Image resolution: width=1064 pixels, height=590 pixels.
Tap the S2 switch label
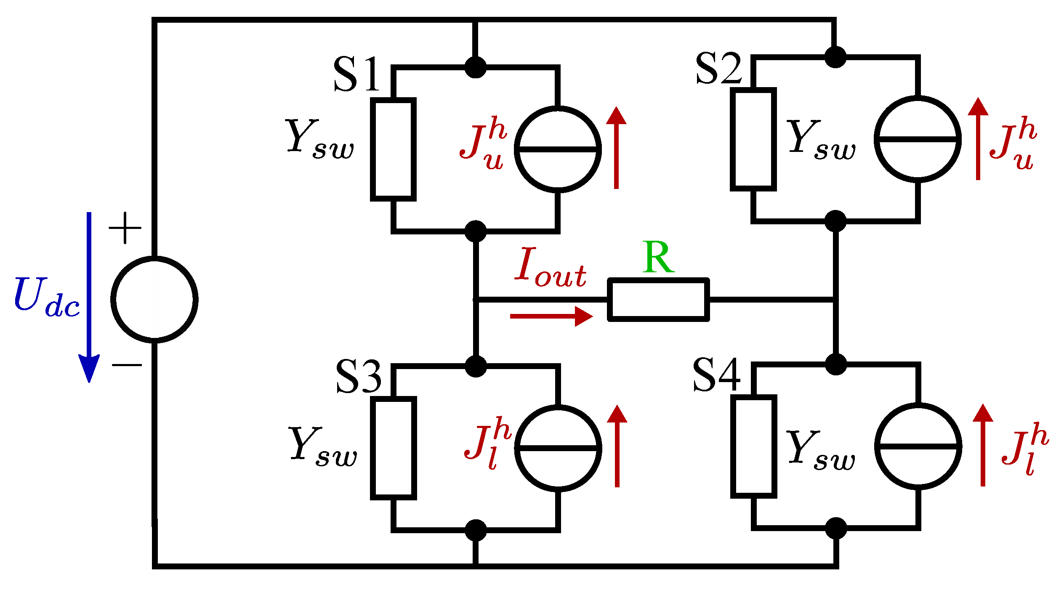click(x=719, y=68)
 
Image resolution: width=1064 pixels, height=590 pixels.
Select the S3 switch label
click(x=359, y=377)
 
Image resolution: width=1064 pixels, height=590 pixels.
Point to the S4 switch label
click(x=716, y=375)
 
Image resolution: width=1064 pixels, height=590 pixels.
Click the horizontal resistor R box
click(x=658, y=300)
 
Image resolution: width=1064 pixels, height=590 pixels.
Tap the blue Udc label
click(x=46, y=297)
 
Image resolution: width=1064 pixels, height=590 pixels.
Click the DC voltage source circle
click(x=154, y=299)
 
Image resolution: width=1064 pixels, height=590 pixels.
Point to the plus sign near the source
click(x=125, y=228)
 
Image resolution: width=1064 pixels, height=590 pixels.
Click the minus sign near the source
click(x=127, y=364)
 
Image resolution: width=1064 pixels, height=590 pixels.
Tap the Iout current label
click(x=550, y=268)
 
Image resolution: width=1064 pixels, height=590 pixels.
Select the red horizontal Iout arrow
click(x=551, y=316)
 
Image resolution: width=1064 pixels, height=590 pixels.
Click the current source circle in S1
click(x=558, y=149)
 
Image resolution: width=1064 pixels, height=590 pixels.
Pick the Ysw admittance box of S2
click(x=753, y=139)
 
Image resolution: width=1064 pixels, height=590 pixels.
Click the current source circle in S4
click(x=918, y=446)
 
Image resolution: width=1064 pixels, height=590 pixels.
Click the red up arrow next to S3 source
click(x=617, y=446)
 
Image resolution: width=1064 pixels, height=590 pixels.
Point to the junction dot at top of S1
click(x=476, y=67)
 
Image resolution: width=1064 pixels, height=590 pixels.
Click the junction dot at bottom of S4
click(x=835, y=528)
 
